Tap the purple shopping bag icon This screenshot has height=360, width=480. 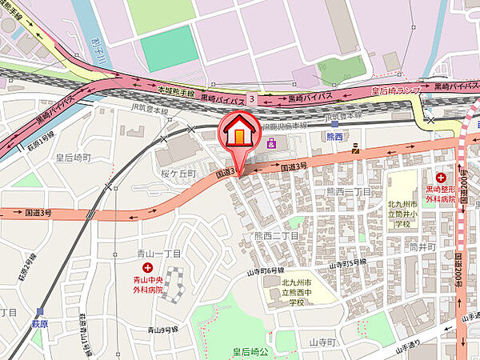pyautogui.click(x=272, y=144)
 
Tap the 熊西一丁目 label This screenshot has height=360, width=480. pyautogui.click(x=347, y=193)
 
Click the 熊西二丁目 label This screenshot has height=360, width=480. pyautogui.click(x=276, y=236)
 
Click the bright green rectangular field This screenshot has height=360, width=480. pyautogui.click(x=169, y=50)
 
